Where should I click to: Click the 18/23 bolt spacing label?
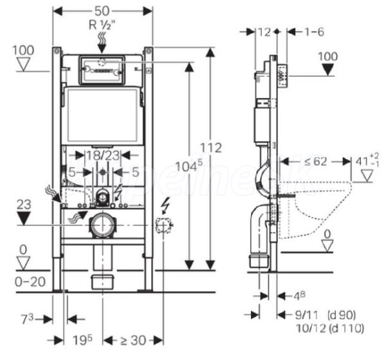pyautogui.click(x=103, y=155)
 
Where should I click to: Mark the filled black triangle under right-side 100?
pyautogui.click(x=327, y=70)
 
